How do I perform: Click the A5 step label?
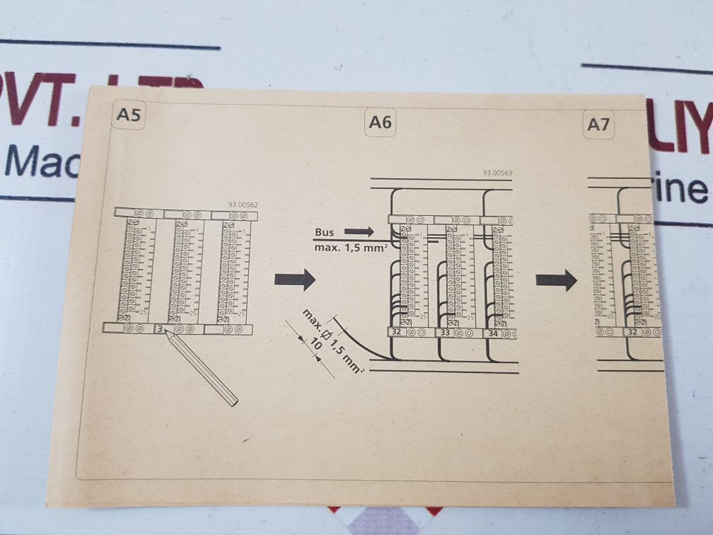(x=129, y=115)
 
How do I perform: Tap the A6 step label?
(x=380, y=122)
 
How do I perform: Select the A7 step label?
(x=598, y=125)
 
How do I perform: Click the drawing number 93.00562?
(x=243, y=205)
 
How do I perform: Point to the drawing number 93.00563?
(x=497, y=173)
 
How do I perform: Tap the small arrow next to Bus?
(x=359, y=231)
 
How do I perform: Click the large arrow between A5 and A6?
(x=294, y=280)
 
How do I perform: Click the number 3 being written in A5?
(x=160, y=329)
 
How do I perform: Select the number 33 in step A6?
(x=445, y=332)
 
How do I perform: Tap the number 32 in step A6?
(x=396, y=331)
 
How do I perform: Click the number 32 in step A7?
(x=632, y=331)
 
